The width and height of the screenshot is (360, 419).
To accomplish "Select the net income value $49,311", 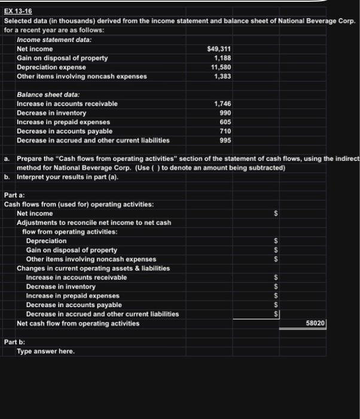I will point(218,48).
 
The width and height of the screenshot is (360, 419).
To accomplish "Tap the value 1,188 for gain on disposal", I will point(222,58).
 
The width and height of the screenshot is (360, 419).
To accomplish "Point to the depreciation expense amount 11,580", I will point(220,67).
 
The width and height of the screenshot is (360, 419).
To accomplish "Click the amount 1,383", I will point(222,76).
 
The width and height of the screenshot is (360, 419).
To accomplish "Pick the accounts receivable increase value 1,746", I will point(222,104).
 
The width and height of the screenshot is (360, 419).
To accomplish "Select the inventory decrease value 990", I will point(224,113).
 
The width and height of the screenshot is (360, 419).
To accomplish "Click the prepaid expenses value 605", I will point(224,122).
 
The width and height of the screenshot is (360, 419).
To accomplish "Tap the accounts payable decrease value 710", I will point(225,131).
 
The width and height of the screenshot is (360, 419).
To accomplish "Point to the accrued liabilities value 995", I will point(224,140).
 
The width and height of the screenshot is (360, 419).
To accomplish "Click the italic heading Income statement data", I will point(54,40).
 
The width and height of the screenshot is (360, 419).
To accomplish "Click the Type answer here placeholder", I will point(46,351).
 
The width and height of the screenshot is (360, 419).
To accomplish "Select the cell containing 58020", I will point(315,323).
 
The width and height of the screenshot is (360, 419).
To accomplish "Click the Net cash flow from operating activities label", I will point(78,323).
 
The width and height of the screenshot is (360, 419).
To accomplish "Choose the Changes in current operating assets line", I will point(93,268).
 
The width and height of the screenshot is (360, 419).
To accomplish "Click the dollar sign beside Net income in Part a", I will point(276,213).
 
